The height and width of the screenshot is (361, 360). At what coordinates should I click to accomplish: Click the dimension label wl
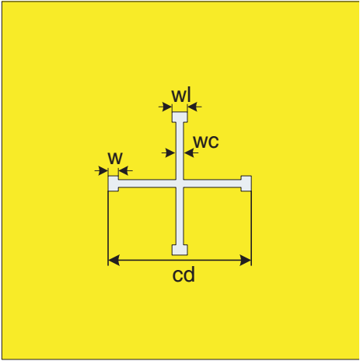(181, 95)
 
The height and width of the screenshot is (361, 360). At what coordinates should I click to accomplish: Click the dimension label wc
(206, 142)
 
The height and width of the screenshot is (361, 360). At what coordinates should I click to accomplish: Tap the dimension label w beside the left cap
(115, 158)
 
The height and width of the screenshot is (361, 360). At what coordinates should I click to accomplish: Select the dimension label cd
(183, 275)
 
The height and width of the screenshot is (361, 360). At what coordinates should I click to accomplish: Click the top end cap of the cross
(180, 117)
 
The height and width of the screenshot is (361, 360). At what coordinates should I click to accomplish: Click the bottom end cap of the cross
(180, 250)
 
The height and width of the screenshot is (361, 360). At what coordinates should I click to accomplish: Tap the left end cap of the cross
(114, 184)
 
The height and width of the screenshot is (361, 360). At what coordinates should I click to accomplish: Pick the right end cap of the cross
(246, 184)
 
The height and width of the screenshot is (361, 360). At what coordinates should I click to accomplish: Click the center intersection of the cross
(180, 184)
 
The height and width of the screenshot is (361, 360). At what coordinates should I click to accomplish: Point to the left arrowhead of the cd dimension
(114, 260)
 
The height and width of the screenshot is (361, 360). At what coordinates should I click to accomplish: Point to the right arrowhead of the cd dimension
(246, 260)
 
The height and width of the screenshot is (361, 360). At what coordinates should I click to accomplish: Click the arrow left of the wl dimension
(166, 107)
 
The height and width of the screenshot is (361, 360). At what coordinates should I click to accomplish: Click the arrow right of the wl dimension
(194, 107)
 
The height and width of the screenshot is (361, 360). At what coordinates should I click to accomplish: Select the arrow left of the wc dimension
(169, 153)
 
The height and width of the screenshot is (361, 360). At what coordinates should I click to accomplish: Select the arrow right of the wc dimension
(191, 153)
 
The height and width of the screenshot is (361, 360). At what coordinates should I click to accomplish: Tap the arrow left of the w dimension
(101, 171)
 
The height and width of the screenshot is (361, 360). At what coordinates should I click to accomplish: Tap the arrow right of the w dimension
(126, 171)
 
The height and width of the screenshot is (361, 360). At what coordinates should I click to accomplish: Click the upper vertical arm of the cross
(180, 151)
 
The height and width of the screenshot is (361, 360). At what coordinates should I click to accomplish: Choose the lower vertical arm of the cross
(180, 216)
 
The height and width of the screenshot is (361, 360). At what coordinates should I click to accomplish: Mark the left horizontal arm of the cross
(147, 184)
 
